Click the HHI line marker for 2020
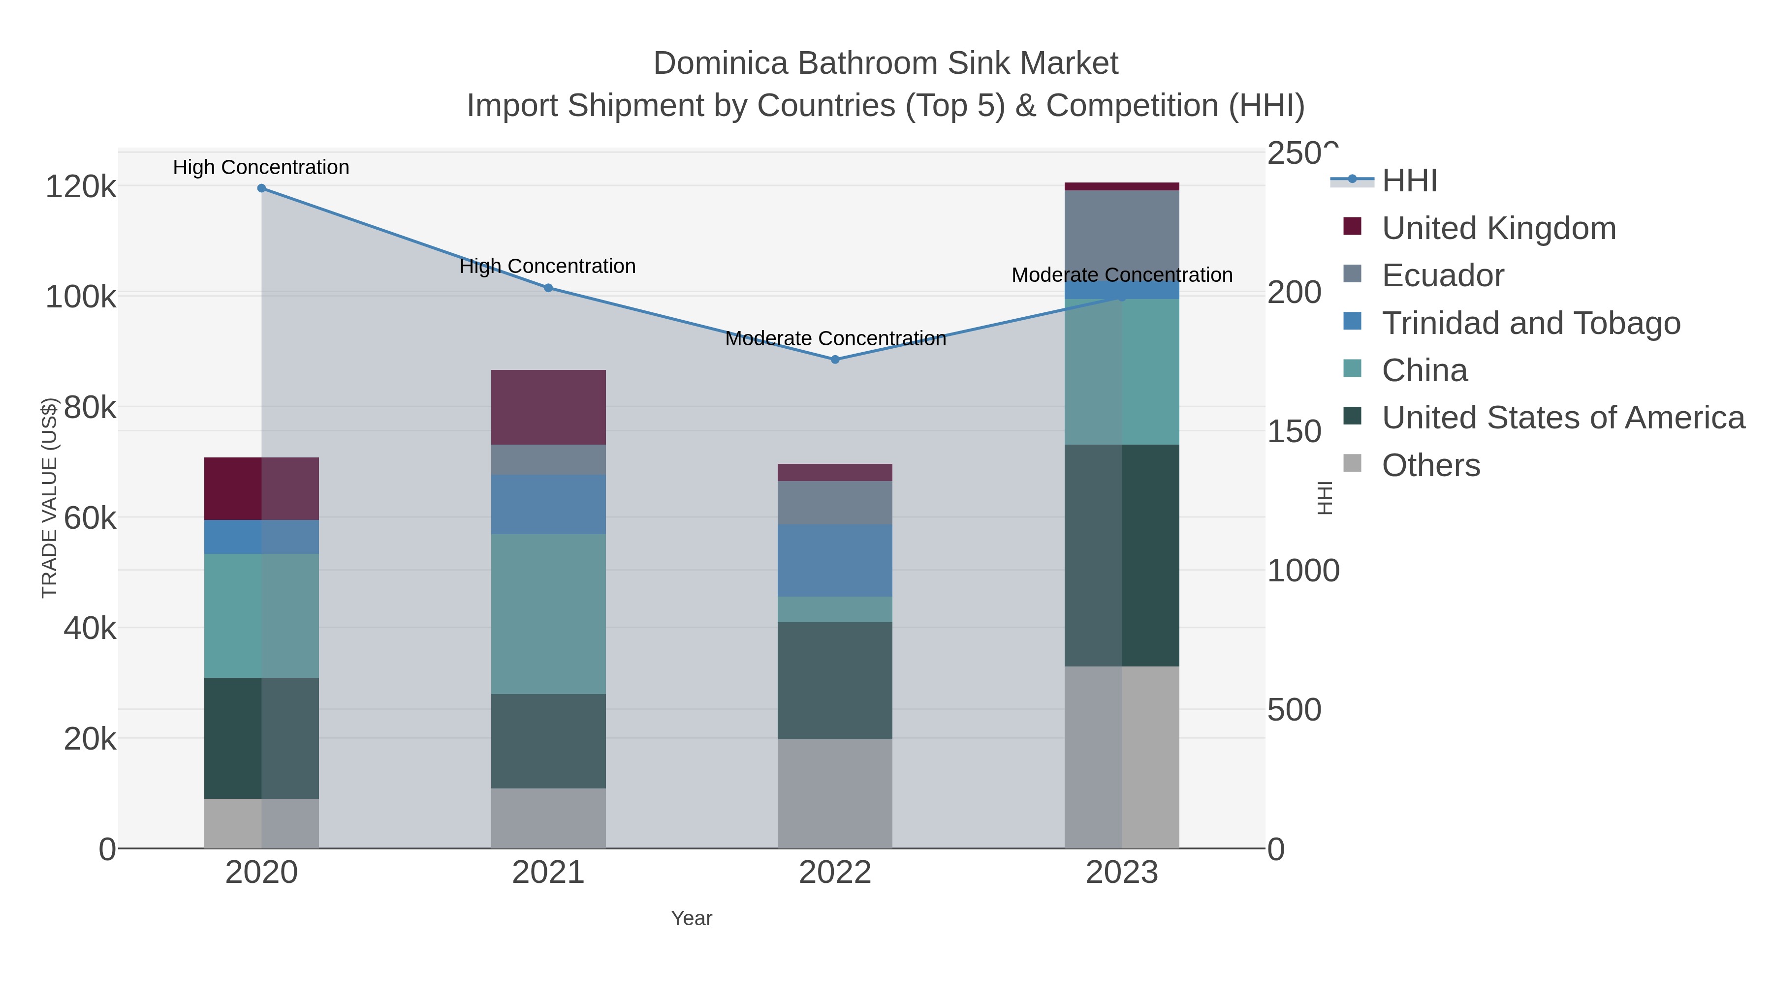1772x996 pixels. [x=261, y=188]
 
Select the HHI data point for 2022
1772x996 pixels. [x=835, y=360]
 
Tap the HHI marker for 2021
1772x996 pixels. [x=548, y=288]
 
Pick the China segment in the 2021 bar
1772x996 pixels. [x=548, y=614]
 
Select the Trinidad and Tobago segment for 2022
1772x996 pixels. [x=835, y=560]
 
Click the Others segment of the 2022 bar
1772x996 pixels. [x=835, y=793]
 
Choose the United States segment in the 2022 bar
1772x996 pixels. [x=835, y=681]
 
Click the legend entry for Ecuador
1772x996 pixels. [x=1443, y=275]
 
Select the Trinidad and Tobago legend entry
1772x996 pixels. [x=1530, y=323]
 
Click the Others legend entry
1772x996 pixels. [x=1431, y=465]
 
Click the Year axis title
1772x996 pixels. [x=692, y=918]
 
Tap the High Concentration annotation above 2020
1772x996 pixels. [x=261, y=167]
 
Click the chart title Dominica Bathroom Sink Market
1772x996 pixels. [x=886, y=63]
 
